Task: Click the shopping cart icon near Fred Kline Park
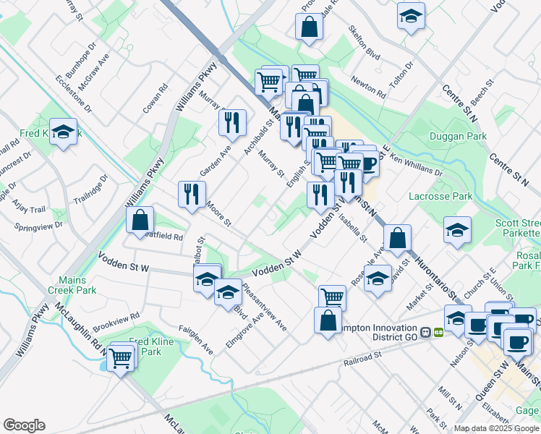point(121,357)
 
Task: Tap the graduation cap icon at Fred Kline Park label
point(64,132)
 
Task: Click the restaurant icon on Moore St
point(192,194)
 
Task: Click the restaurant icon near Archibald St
point(232,122)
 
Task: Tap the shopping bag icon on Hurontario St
point(398,237)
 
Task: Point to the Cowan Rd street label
point(155,98)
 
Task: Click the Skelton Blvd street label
point(364,44)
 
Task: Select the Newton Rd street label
point(368,87)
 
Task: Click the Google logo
point(24,425)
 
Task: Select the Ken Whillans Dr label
point(415,168)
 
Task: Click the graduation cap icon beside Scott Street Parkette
point(457,230)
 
